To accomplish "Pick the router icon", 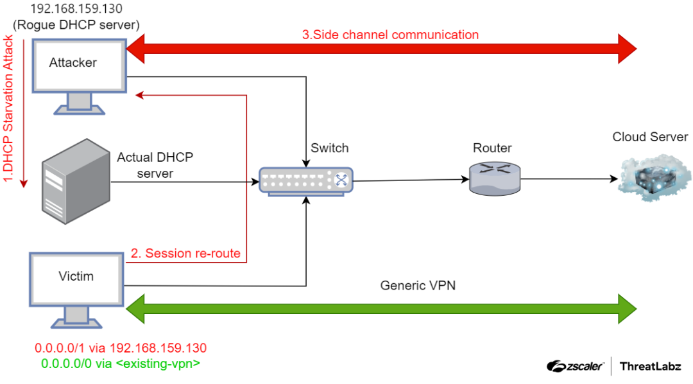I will (x=494, y=179).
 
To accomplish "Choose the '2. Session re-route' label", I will (x=185, y=254).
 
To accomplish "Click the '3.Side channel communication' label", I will (x=390, y=35).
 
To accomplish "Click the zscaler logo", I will (x=575, y=366).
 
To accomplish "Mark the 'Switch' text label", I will (x=329, y=148).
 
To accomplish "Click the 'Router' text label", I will (x=492, y=148).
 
